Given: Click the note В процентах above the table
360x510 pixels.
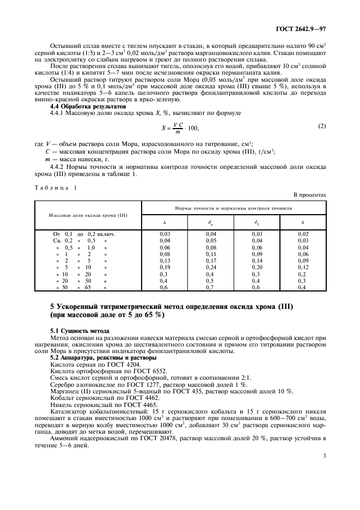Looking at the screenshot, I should click(310, 194).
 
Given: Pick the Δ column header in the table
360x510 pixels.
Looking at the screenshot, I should click(164, 222).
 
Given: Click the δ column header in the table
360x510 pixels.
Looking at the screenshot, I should click(303, 222).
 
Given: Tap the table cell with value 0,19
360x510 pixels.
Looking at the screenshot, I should click(164, 268).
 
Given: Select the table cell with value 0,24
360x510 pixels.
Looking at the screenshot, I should click(211, 268).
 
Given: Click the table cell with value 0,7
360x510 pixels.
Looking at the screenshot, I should click(211, 287).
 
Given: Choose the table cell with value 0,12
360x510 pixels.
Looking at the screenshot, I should click(303, 268).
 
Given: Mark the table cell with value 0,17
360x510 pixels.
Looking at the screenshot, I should click(211, 260).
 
